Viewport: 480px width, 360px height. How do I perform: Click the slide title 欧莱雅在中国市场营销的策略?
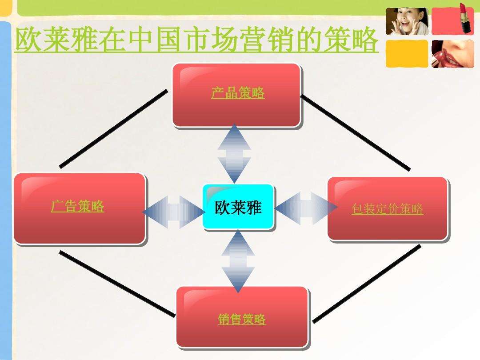point(196,40)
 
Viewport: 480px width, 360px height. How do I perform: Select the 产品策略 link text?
point(238,93)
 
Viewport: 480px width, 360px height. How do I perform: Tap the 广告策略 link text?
point(77,206)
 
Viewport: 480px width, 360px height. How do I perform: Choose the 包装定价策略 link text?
point(387,209)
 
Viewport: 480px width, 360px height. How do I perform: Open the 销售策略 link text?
point(242,319)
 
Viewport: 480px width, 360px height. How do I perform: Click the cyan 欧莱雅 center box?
point(238,207)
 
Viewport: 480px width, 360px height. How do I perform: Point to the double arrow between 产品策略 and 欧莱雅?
point(235,154)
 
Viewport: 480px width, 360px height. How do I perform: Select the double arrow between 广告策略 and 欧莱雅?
point(174,212)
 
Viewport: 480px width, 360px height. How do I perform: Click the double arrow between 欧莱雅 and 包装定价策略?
point(306,208)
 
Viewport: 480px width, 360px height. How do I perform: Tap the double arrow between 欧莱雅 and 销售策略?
point(238,261)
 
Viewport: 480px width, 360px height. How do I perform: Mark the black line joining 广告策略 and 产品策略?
point(114,129)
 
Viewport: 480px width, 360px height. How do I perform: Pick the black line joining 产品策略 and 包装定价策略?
point(356,132)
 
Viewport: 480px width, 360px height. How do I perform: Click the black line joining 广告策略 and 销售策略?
point(117,284)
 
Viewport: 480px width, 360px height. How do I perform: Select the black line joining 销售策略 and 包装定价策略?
point(367,284)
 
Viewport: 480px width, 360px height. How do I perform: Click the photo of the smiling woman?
point(407,21)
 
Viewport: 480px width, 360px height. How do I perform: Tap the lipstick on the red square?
point(466,18)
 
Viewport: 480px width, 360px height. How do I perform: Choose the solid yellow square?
point(407,54)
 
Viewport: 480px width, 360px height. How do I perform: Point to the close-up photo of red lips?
point(453,54)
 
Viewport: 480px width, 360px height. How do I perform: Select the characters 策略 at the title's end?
point(351,40)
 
